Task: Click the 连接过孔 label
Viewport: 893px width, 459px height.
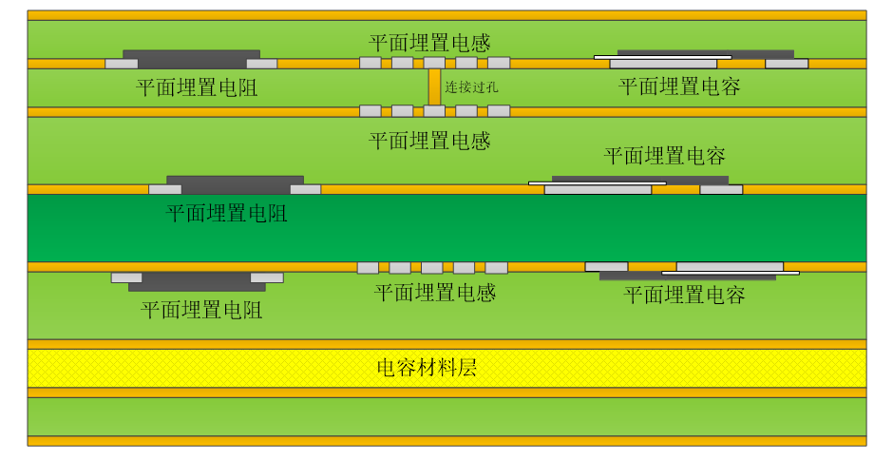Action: pos(471,86)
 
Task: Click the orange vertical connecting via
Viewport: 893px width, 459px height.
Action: pos(434,86)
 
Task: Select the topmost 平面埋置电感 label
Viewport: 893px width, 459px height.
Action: pos(429,43)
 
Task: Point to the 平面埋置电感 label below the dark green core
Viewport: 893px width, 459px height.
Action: pos(435,293)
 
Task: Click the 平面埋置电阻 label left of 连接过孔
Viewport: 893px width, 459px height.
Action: pos(197,88)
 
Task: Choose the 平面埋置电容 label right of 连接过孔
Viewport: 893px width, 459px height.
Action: pos(679,86)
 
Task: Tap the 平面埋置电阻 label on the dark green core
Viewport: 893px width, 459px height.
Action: pos(227,213)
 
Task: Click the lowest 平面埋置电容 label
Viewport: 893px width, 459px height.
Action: pos(684,295)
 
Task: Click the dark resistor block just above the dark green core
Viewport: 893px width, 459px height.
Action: pos(235,180)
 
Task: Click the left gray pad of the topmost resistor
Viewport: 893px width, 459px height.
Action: pos(121,64)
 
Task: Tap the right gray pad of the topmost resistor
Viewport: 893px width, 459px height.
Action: pos(261,64)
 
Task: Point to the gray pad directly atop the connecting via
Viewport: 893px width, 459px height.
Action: pos(434,63)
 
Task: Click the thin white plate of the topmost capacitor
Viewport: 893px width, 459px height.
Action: pos(662,57)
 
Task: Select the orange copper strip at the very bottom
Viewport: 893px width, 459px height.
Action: pos(446,441)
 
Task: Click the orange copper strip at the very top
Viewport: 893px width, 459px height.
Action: pos(446,15)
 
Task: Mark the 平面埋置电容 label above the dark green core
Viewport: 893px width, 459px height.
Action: pos(665,156)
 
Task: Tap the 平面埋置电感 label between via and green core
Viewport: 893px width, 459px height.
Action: pos(429,142)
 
